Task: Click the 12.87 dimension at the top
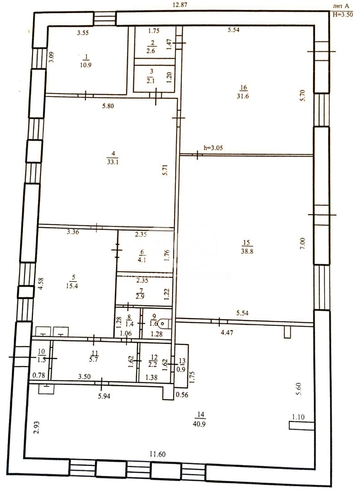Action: [x=180, y=4]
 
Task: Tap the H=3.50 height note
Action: [x=343, y=14]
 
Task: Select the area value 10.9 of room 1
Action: [x=86, y=64]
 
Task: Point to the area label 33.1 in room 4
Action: [x=113, y=162]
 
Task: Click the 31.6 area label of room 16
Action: [x=243, y=96]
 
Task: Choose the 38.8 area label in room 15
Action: [x=247, y=252]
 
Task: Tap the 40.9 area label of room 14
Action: [x=200, y=424]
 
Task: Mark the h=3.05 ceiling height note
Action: [x=213, y=148]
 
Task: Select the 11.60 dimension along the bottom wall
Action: [x=158, y=454]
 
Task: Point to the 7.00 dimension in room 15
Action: [x=302, y=243]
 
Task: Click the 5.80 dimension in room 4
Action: [x=108, y=106]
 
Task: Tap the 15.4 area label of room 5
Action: [x=72, y=286]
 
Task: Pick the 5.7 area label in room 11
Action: [x=93, y=360]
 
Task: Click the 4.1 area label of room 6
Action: [x=142, y=260]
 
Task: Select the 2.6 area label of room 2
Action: [x=151, y=51]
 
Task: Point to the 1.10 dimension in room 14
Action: [x=298, y=417]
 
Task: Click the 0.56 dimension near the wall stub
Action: [x=182, y=395]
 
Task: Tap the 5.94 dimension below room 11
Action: [x=104, y=396]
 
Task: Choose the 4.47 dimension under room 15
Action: [x=227, y=332]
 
